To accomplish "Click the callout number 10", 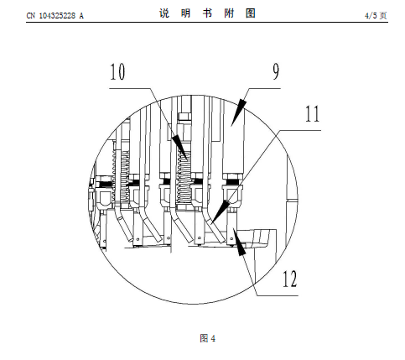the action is click(117, 72).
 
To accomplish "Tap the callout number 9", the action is click(276, 71).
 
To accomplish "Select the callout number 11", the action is click(312, 113).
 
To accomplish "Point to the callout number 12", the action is click(290, 279).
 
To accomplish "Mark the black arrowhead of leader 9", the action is click(239, 112).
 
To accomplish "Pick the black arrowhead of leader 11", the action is click(221, 211).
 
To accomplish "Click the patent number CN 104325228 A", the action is click(55, 15).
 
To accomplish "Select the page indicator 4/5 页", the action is click(376, 15).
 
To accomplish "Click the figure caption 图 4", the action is click(208, 338).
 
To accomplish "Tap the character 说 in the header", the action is click(164, 13).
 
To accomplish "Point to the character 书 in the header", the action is click(207, 13).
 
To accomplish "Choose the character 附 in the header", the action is click(229, 13).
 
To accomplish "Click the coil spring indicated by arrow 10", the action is click(184, 175).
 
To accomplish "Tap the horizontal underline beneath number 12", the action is click(277, 295).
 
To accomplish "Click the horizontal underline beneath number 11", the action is click(300, 130).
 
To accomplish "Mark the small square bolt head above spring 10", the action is click(184, 117).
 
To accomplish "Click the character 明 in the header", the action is click(185, 13).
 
